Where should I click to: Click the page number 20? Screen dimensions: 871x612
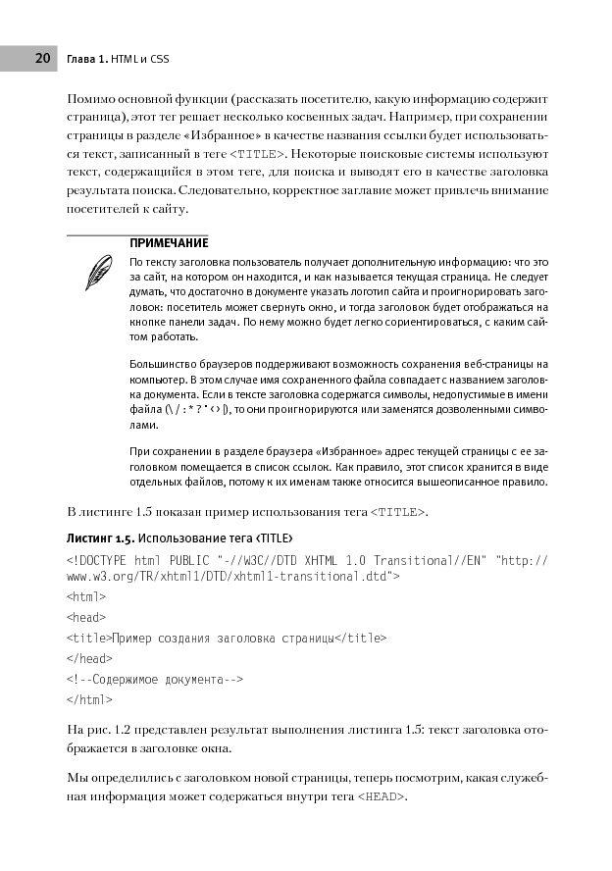pyautogui.click(x=42, y=58)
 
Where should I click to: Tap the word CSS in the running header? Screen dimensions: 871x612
pyautogui.click(x=159, y=59)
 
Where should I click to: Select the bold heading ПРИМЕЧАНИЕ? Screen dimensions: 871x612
pyautogui.click(x=169, y=242)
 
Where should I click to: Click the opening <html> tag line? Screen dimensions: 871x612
pyautogui.click(x=86, y=595)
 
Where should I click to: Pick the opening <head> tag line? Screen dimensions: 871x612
pyautogui.click(x=86, y=616)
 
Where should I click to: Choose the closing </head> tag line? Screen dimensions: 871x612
pyautogui.click(x=89, y=658)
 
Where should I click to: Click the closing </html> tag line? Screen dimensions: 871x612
pyautogui.click(x=89, y=699)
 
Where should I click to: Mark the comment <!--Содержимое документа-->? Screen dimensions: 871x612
pyautogui.click(x=154, y=679)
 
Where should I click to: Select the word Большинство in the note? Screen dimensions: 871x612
pyautogui.click(x=161, y=365)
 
